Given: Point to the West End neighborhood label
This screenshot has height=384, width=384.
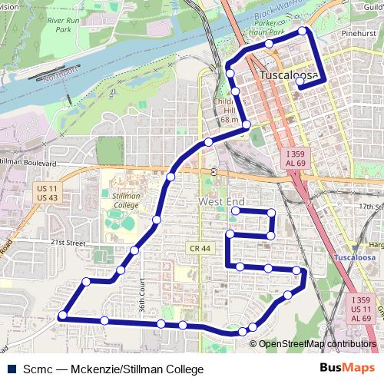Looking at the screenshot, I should [221, 201].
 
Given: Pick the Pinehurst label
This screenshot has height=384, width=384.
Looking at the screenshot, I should [359, 35].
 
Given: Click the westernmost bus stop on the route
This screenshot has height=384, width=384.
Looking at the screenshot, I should [62, 315].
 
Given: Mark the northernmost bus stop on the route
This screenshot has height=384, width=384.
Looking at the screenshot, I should [303, 31].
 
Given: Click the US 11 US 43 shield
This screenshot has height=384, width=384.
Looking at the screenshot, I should [47, 193].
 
